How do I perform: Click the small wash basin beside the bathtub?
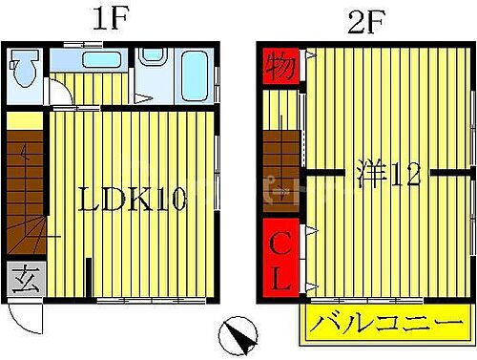(x=152, y=56)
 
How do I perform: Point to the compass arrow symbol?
(x=238, y=337)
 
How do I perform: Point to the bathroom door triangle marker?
(x=141, y=96)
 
